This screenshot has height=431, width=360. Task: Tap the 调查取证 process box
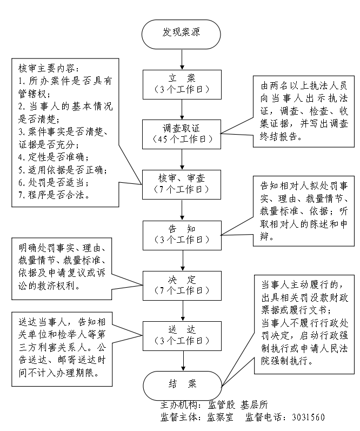182,133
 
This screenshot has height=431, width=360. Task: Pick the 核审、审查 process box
182,183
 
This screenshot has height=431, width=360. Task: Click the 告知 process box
182,233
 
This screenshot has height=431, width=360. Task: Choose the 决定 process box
182,283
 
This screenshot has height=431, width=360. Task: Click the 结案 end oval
182,384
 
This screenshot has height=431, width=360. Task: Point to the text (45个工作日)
182,139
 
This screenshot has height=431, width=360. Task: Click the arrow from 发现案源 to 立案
182,58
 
